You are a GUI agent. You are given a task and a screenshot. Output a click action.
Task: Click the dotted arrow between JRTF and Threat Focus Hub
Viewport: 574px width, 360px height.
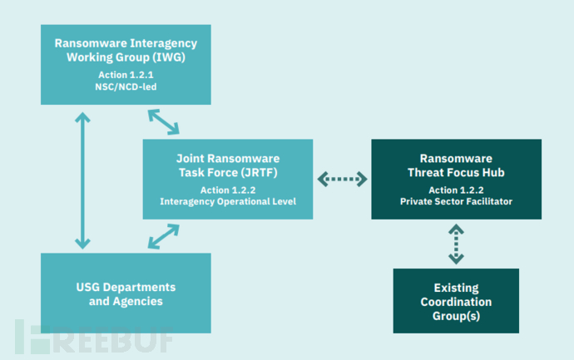[x=342, y=180]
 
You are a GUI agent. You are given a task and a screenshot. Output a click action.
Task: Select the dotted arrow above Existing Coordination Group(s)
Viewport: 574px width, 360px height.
[x=456, y=244]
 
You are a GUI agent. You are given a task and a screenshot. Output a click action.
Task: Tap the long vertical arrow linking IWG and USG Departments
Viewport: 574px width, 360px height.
[x=82, y=180]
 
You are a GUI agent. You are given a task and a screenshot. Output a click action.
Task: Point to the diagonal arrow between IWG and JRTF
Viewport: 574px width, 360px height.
[x=164, y=122]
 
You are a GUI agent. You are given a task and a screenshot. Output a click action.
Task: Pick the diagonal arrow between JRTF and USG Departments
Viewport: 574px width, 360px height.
[x=164, y=236]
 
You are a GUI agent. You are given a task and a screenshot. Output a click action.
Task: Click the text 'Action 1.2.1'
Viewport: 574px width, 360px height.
[x=126, y=75]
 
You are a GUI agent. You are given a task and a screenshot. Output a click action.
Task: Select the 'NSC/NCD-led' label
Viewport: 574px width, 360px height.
[x=126, y=87]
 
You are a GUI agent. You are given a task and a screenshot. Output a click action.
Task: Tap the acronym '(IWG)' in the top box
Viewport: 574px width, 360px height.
[x=169, y=57]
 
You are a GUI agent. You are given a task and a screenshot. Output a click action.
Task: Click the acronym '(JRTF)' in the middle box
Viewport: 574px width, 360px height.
[x=260, y=173]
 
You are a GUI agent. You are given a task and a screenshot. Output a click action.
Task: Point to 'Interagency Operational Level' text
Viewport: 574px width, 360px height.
[x=228, y=201]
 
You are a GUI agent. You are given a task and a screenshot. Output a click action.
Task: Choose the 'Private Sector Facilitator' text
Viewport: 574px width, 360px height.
[x=456, y=201]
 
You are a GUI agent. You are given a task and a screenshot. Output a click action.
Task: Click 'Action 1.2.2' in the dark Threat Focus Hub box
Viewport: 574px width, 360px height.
[x=456, y=190]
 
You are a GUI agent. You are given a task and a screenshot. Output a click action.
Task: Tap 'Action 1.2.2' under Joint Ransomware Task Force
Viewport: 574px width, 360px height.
[x=228, y=190]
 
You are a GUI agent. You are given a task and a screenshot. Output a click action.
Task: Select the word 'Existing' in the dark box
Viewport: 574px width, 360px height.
[x=456, y=288]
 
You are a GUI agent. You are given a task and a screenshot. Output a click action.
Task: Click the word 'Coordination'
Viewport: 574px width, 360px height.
[x=456, y=302]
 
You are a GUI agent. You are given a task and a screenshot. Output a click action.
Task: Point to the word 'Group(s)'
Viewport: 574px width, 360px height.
[x=456, y=316]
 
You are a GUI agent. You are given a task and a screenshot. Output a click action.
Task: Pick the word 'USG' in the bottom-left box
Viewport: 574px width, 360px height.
[x=88, y=288]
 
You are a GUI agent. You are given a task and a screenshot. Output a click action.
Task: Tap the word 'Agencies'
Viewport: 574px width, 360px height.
[x=138, y=302]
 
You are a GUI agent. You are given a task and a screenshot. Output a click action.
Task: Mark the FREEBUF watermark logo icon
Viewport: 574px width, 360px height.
[x=32, y=337]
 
